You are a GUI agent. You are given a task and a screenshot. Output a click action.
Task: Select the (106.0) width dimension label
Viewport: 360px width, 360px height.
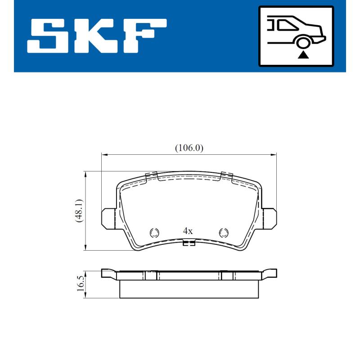pos(189,148)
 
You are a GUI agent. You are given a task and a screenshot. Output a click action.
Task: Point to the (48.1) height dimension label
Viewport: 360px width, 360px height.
pos(79,211)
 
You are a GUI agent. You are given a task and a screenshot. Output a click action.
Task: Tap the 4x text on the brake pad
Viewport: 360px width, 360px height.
pos(188,231)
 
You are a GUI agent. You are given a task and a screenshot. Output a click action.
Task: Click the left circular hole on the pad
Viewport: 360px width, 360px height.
pos(154,232)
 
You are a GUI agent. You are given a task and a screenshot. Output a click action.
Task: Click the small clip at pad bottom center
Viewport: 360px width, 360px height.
pos(189,244)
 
